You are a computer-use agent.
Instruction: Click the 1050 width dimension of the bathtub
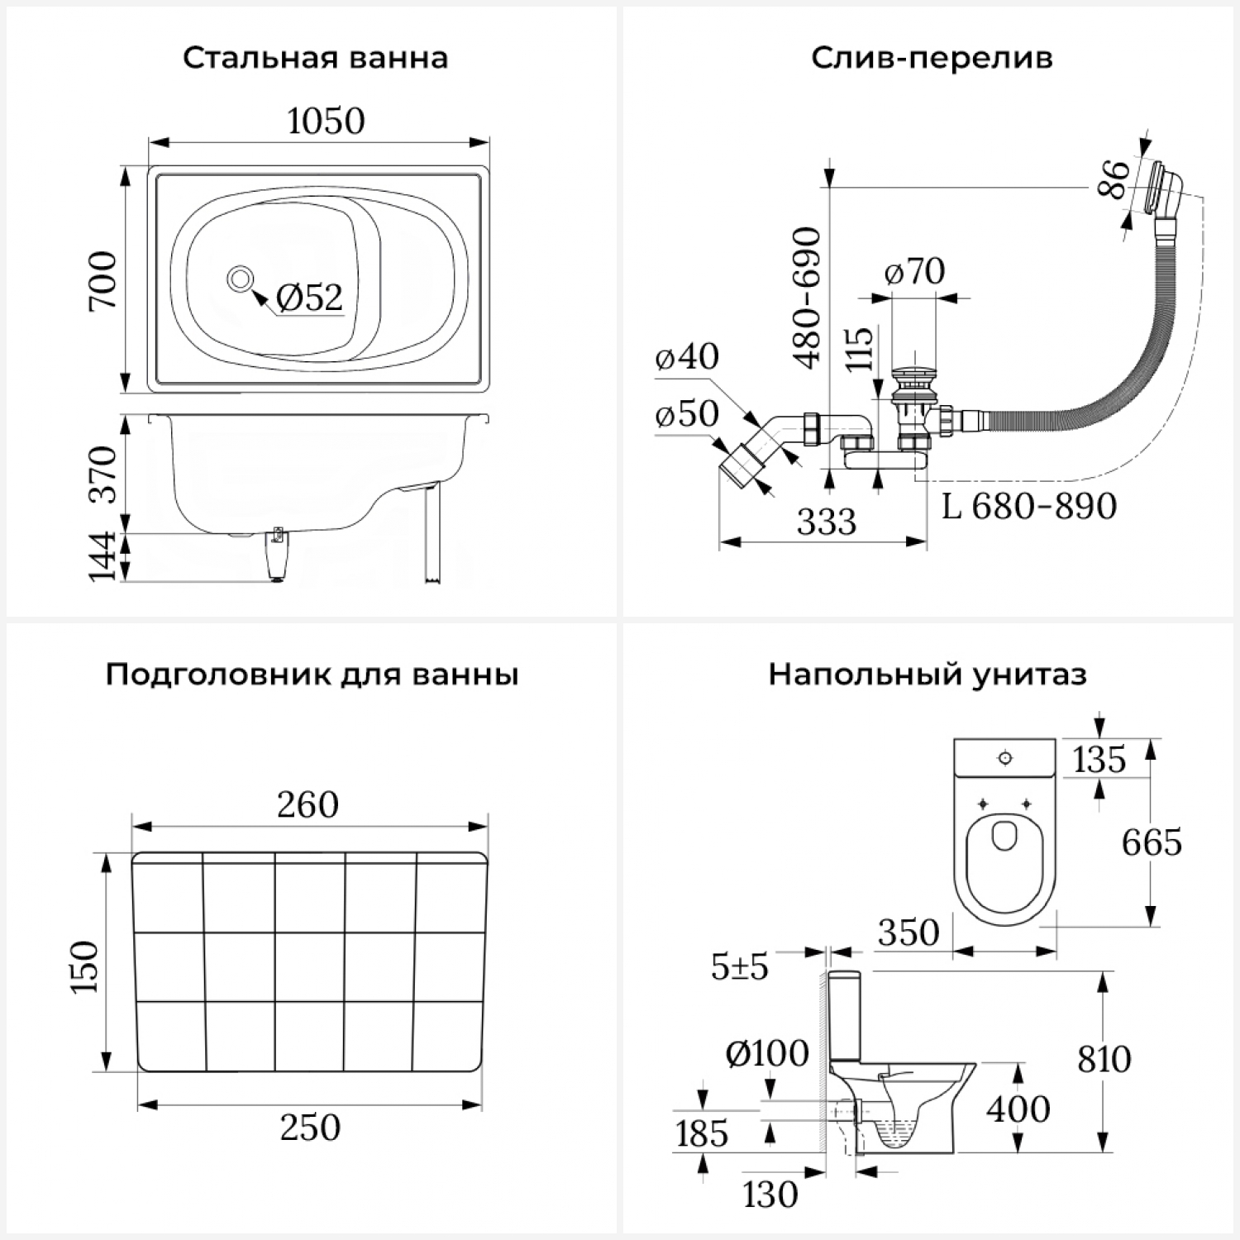[326, 122]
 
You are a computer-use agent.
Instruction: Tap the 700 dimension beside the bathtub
[105, 281]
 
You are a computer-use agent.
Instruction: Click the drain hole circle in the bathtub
[240, 279]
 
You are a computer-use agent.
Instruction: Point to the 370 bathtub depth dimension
[105, 474]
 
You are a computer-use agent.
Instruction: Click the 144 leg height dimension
[105, 557]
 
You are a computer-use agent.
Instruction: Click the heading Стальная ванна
[315, 59]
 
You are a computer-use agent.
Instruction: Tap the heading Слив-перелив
[932, 59]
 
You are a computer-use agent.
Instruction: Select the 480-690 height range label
[807, 298]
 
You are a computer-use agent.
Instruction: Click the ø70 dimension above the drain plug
[914, 271]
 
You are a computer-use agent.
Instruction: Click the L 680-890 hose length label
[1029, 506]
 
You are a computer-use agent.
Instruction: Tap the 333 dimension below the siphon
[827, 522]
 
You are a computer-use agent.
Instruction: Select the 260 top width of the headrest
[308, 805]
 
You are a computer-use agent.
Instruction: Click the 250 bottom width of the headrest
[310, 1128]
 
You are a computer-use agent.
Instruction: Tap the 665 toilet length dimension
[1152, 843]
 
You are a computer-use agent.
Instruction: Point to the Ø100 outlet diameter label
[766, 1054]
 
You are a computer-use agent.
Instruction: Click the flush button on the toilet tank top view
[1004, 757]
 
